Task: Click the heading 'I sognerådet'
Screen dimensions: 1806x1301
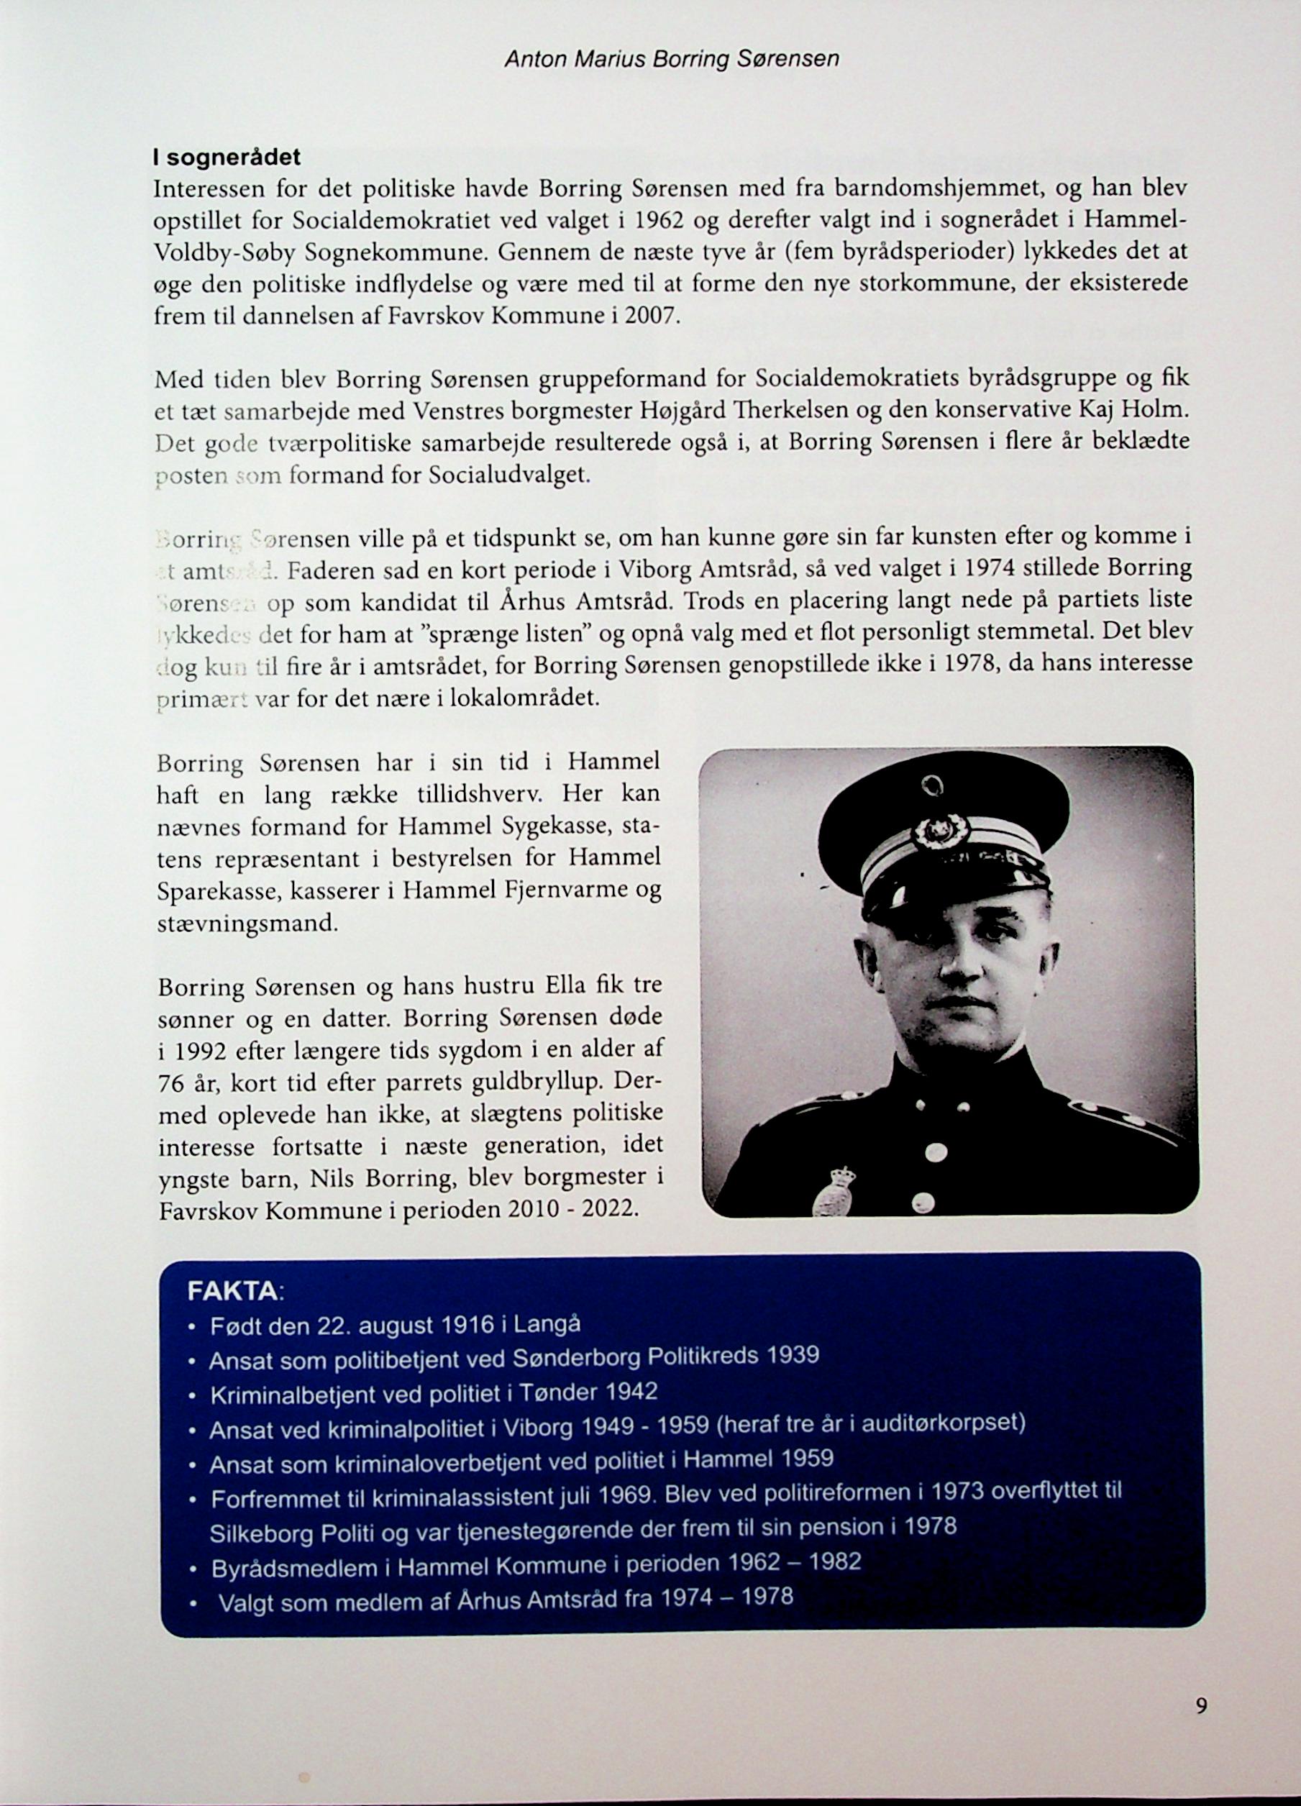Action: point(227,158)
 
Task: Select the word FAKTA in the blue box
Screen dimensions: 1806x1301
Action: point(232,1292)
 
